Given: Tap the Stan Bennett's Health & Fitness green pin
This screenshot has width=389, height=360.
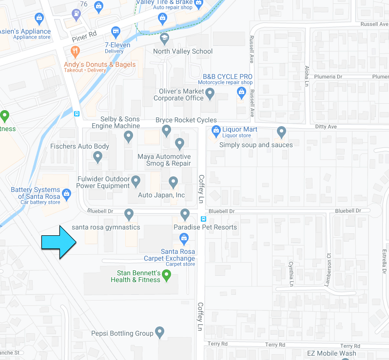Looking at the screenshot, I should [166, 276].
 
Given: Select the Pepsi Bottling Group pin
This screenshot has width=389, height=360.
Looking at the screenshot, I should [159, 332].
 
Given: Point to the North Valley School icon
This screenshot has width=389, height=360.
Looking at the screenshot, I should [164, 38].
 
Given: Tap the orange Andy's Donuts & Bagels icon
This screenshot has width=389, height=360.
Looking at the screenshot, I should [75, 51].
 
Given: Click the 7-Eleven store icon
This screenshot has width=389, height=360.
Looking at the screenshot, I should [116, 32].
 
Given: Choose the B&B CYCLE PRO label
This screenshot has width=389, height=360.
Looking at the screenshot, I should [228, 76].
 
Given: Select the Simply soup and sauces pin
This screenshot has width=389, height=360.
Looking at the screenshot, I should [281, 132].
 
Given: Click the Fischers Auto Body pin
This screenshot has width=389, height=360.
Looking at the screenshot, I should [97, 157].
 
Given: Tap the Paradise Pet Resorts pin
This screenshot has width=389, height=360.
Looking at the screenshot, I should [185, 214].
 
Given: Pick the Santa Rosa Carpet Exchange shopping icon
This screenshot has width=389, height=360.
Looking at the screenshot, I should [184, 238].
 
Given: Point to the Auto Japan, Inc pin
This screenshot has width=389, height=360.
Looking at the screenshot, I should [173, 182].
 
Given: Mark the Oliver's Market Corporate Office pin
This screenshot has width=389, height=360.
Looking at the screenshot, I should [210, 93].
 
